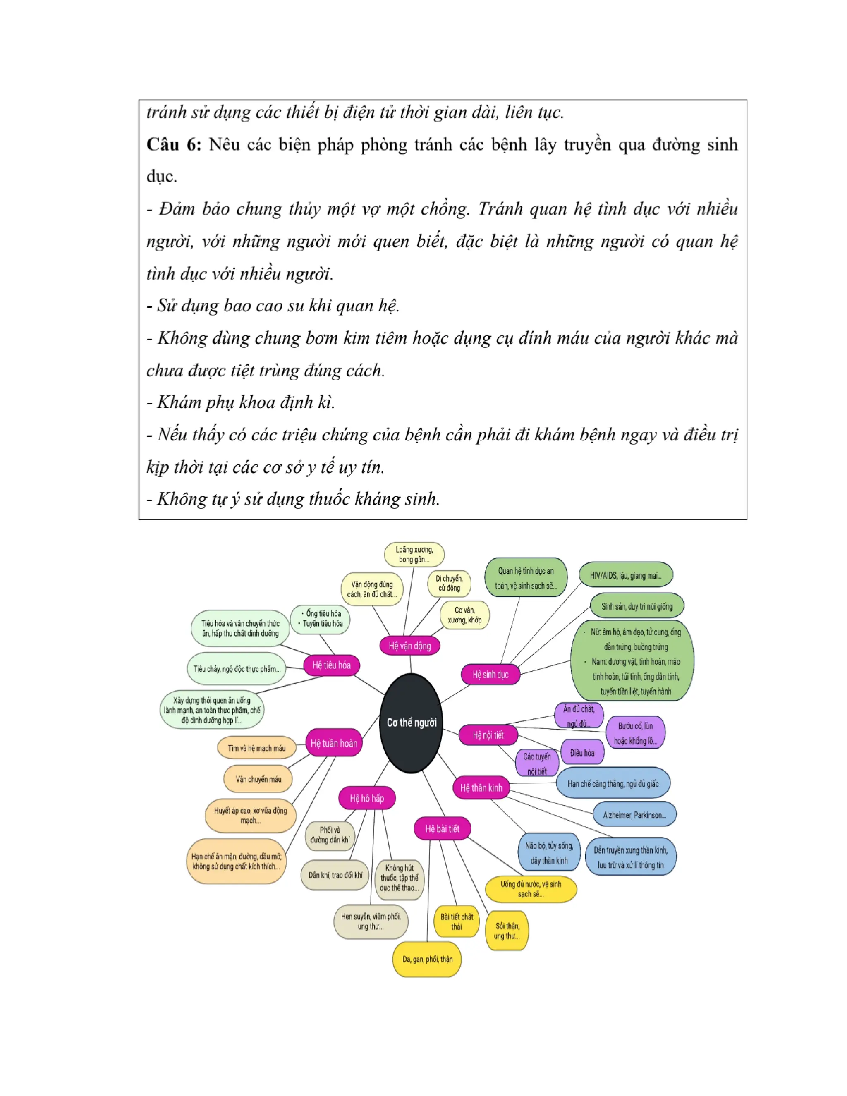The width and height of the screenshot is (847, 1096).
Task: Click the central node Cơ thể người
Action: click(x=411, y=723)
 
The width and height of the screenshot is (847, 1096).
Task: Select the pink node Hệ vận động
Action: click(x=409, y=646)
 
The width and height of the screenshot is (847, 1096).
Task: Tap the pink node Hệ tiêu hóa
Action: click(x=331, y=665)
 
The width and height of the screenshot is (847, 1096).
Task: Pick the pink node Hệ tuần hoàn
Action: click(x=334, y=743)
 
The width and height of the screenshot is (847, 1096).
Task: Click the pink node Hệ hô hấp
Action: click(x=367, y=798)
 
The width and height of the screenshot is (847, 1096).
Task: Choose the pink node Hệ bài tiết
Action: click(x=442, y=828)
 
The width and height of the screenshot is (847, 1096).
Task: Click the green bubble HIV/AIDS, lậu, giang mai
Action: click(x=625, y=576)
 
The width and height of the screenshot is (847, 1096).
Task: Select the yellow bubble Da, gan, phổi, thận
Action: click(x=427, y=960)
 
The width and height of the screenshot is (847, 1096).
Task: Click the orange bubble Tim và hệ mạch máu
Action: click(x=256, y=748)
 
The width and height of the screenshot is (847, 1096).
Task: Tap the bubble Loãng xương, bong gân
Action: click(x=414, y=555)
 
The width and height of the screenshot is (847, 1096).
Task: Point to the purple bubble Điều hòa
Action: click(x=582, y=753)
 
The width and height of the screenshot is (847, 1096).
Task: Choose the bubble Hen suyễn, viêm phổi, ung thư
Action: click(x=371, y=921)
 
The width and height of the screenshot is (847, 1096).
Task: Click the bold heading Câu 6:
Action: click(x=174, y=144)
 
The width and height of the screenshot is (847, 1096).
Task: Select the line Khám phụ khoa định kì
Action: click(x=241, y=402)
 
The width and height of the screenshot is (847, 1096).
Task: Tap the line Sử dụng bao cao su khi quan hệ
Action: click(x=273, y=305)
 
